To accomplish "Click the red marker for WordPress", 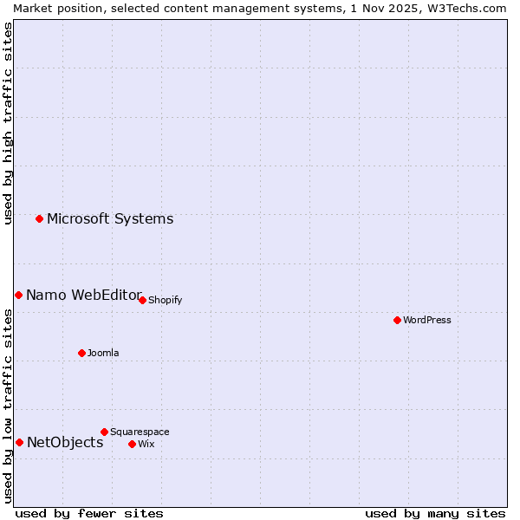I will point(397,320).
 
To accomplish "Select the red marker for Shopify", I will point(142,300).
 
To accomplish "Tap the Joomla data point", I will point(81,353).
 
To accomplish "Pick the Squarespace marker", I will point(104,432).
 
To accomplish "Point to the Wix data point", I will point(132,444).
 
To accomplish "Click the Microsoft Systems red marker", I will point(39,218).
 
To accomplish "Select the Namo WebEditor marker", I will point(18,295).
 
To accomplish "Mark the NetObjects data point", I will point(19,442).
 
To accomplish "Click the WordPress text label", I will point(427,320).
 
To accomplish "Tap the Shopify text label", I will point(165,300).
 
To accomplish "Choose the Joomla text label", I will point(103,353).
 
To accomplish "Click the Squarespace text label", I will point(140,432).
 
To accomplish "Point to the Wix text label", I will point(146,444).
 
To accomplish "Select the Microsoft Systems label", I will point(110,218).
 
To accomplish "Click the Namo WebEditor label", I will point(84,295).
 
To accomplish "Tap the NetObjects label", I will point(65,442).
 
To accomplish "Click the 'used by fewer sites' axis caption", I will point(89,513).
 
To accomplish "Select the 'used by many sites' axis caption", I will point(435,513).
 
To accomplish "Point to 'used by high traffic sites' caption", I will point(9,123).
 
